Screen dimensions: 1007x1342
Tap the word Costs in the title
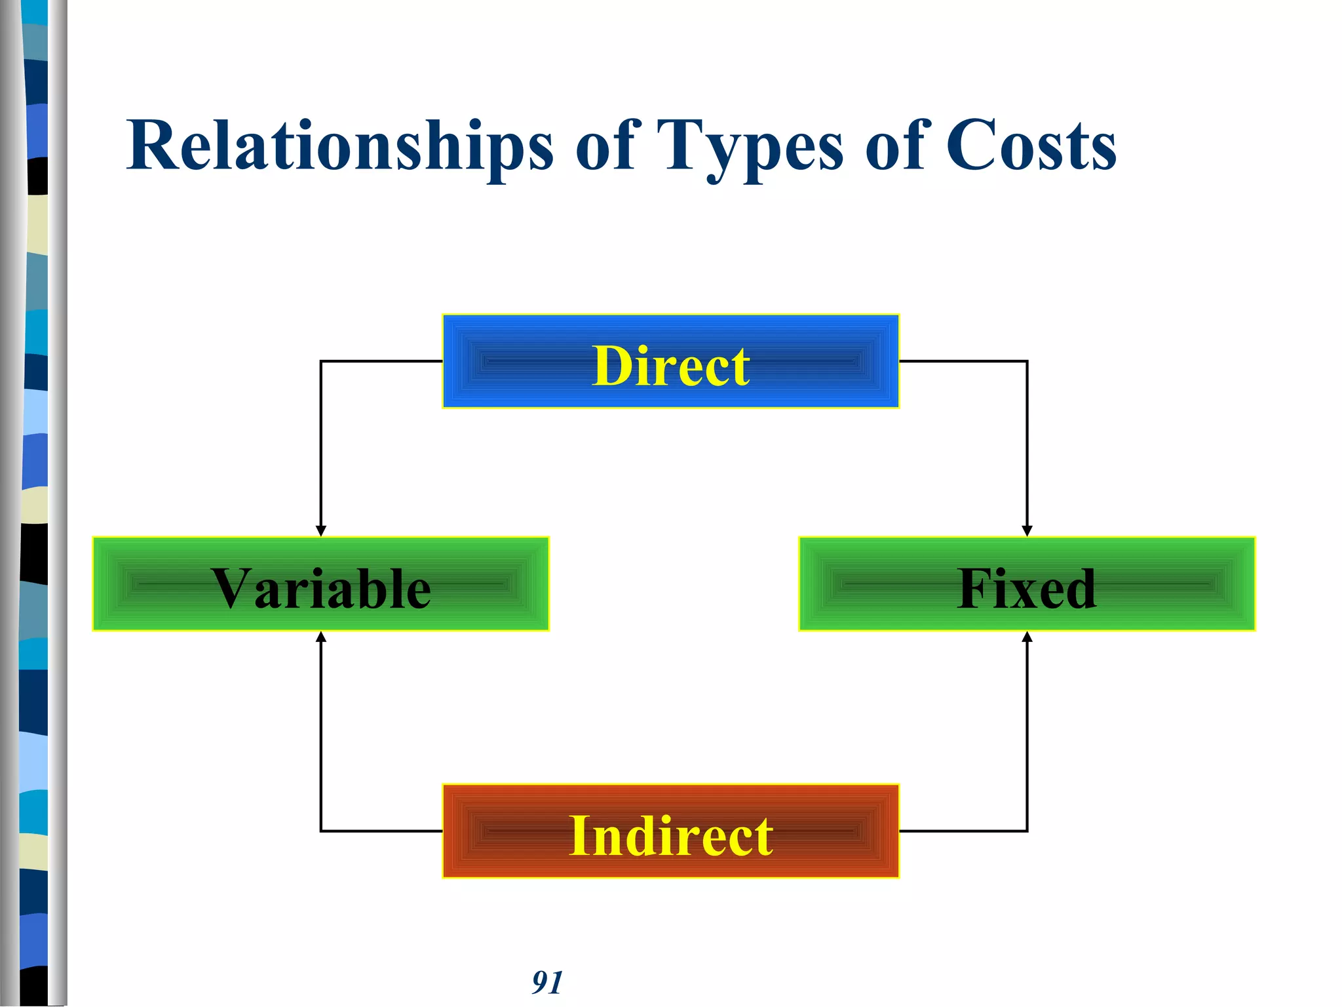1030,146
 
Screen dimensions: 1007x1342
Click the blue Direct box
670,361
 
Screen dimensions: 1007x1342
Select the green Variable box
320,584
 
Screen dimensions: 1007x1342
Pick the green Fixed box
1027,584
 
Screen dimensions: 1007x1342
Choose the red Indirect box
670,831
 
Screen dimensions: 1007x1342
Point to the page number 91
546,982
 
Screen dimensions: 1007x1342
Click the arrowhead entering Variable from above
320,531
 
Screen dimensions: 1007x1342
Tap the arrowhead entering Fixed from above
1027,531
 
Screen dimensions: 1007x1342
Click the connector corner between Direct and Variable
320,361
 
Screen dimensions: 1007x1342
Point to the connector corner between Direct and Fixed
1027,361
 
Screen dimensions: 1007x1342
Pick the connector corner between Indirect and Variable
320,831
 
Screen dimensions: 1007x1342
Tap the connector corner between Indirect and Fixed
1027,831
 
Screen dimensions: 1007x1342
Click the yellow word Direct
670,366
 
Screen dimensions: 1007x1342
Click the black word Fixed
1026,589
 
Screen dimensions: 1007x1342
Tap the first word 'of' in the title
604,146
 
